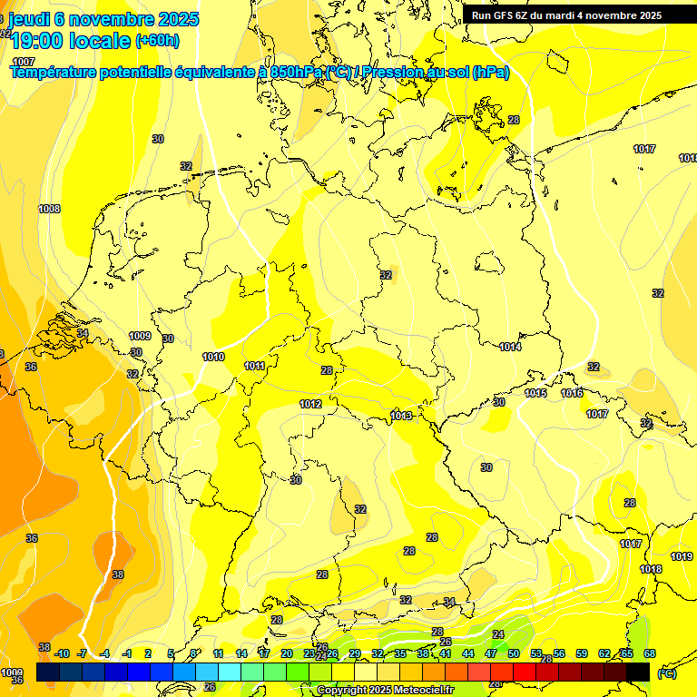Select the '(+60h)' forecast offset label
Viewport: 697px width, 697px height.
point(157,41)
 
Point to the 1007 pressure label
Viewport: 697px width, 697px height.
point(24,61)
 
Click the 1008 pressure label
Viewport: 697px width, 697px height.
point(49,209)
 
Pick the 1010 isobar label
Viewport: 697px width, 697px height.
point(213,357)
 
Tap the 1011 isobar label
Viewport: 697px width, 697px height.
point(255,366)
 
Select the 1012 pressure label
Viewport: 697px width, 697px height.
point(310,404)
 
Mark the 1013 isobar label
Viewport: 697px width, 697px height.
point(402,416)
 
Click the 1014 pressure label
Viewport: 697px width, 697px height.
point(510,347)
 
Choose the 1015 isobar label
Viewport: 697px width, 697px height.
point(535,393)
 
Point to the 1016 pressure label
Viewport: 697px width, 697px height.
point(572,393)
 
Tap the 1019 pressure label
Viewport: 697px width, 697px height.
point(682,556)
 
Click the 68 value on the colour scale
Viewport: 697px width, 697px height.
point(650,653)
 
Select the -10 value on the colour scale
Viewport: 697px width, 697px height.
point(62,653)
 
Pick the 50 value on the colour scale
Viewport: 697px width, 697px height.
point(514,653)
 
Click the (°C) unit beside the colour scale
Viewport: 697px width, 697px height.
point(666,673)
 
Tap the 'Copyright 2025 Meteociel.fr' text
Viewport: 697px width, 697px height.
point(385,691)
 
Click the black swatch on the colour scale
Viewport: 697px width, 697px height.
point(638,672)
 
